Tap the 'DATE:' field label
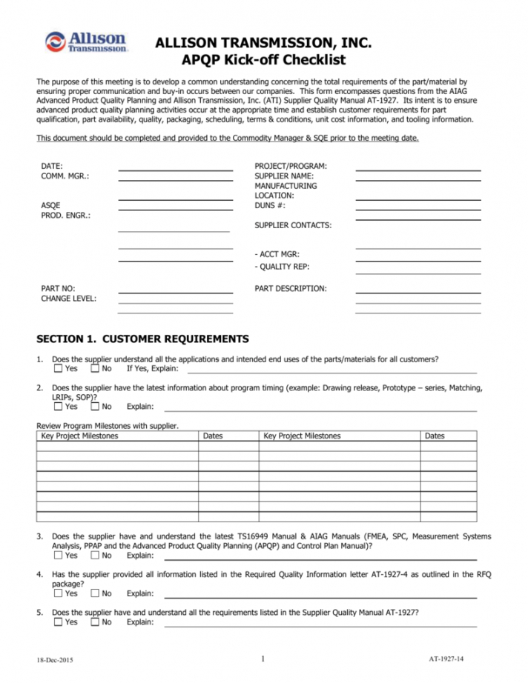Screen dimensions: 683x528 52,167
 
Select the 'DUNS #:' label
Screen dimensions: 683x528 271,205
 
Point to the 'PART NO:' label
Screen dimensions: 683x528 58,288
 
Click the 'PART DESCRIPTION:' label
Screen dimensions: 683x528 290,288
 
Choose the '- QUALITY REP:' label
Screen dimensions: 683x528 282,267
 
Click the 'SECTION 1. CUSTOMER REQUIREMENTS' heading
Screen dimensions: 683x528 143,339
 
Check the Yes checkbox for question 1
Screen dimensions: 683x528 59,368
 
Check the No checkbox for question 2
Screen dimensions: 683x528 95,406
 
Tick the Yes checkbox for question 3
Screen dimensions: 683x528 59,555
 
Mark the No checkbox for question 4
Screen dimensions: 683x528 95,593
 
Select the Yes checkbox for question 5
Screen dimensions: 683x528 59,622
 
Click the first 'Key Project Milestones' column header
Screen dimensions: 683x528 79,436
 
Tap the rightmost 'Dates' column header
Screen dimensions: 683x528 435,436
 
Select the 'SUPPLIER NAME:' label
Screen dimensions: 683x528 283,176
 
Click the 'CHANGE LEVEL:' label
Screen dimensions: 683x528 68,299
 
